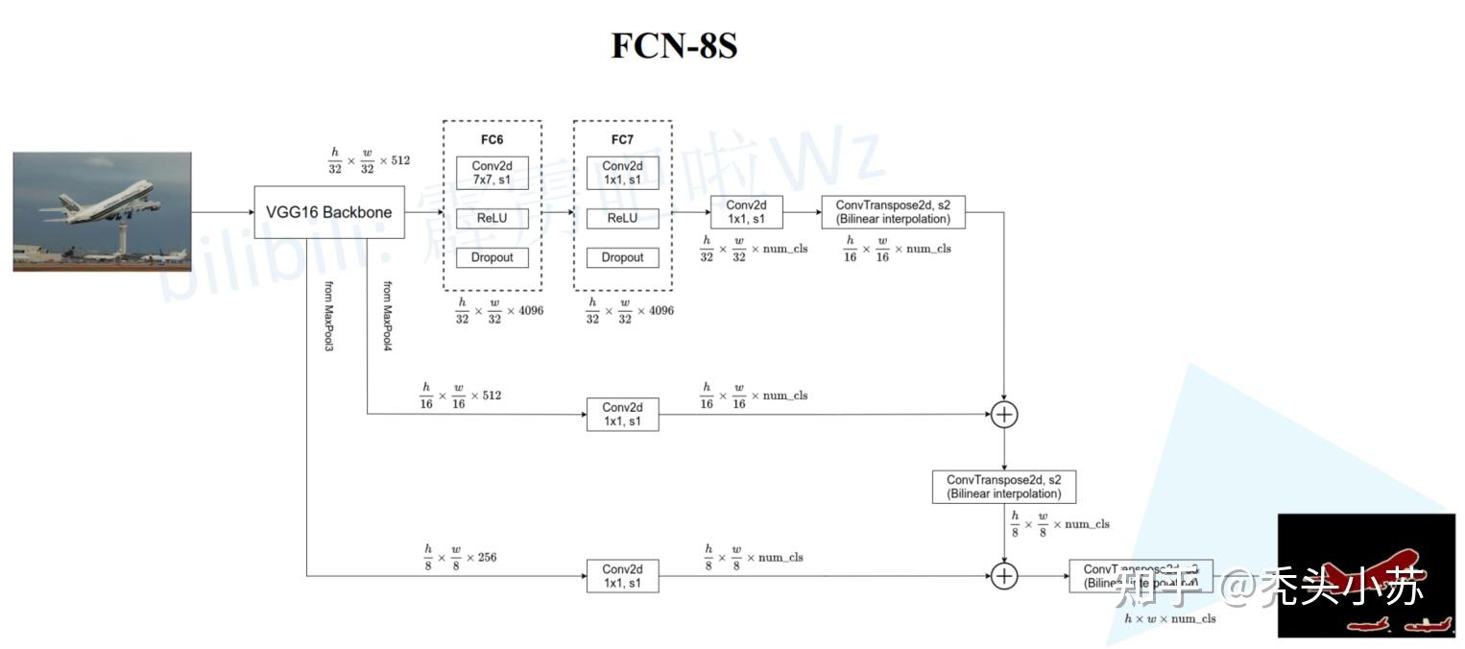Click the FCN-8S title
pos(674,46)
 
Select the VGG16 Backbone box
pos(328,212)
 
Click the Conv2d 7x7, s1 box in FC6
pos(492,174)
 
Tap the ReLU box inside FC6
pos(492,218)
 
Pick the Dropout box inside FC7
pos(622,257)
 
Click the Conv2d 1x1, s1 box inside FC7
pos(622,174)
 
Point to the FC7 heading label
pos(622,139)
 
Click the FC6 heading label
pos(492,139)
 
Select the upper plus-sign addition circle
pos(1003,415)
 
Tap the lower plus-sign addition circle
pos(1003,576)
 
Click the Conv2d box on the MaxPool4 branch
pos(622,415)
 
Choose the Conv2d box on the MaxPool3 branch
pos(622,576)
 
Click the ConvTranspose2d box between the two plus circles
pos(1003,487)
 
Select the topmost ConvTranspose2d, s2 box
pos(893,212)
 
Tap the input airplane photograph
pos(102,211)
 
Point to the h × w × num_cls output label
pos(1169,619)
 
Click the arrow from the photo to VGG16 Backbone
pos(222,212)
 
